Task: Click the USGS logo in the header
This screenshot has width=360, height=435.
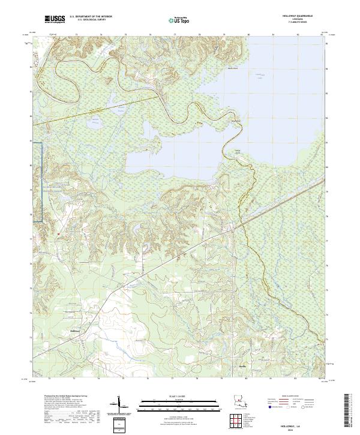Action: click(x=55, y=20)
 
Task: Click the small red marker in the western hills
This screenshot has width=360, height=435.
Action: click(x=59, y=232)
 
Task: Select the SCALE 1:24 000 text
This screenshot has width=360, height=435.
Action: click(x=179, y=395)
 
